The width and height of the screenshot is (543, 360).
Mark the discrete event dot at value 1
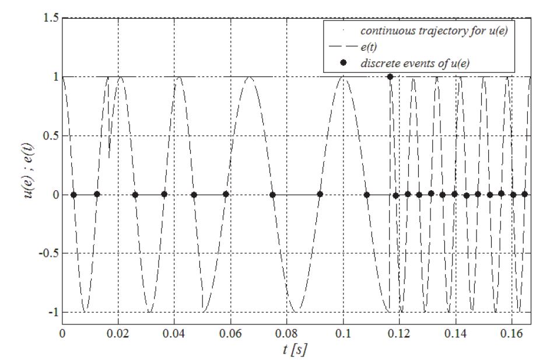[390, 77]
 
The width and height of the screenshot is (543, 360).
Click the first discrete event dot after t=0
[73, 194]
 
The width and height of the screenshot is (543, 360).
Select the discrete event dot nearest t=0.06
[226, 194]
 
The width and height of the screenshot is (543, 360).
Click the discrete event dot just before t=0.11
[367, 194]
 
